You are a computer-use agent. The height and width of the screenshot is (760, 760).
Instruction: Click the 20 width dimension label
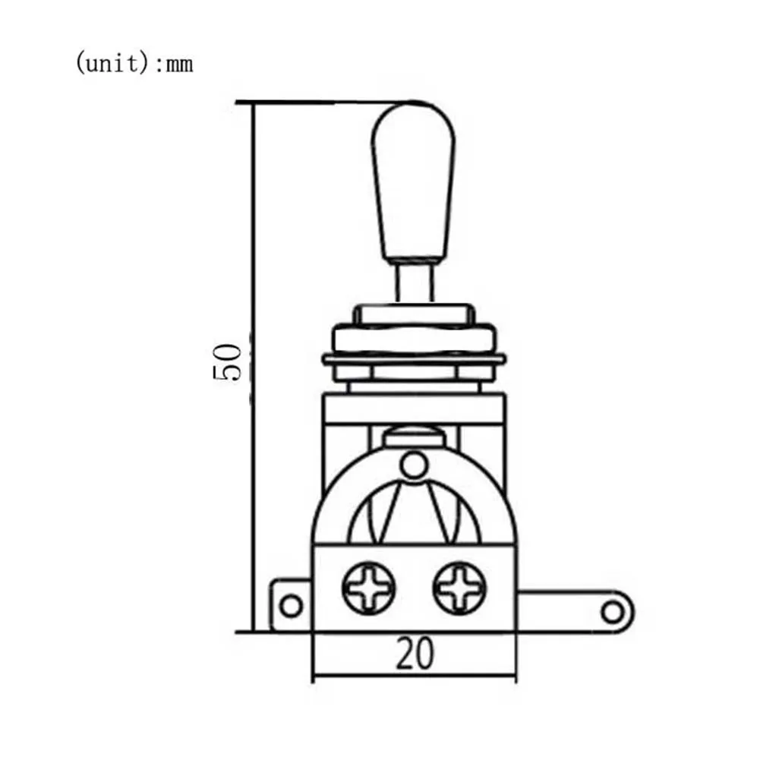(415, 654)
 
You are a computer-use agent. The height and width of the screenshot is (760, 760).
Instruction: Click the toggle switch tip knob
(414, 182)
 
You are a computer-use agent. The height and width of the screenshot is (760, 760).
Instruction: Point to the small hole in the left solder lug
(291, 605)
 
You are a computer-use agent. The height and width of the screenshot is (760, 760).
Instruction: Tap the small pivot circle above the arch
(413, 465)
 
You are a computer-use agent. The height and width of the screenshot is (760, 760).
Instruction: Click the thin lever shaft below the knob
(414, 282)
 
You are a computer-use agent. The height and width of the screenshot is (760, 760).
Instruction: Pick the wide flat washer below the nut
(415, 358)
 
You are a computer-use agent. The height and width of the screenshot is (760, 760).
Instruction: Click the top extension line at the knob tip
(319, 102)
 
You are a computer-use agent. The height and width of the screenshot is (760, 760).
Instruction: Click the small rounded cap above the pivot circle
(414, 437)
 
